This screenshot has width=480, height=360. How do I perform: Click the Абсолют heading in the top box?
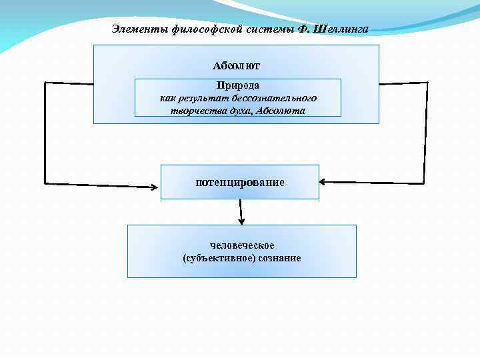click(236, 65)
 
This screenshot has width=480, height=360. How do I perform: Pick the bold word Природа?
click(237, 85)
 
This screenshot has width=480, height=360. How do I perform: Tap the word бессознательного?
click(281, 98)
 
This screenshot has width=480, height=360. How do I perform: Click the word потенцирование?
click(239, 182)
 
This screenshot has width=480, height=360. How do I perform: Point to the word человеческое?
click(242, 245)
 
